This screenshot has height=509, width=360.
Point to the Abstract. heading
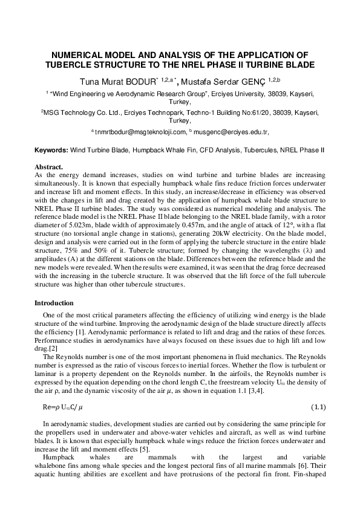pyautogui.click(x=49, y=166)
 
